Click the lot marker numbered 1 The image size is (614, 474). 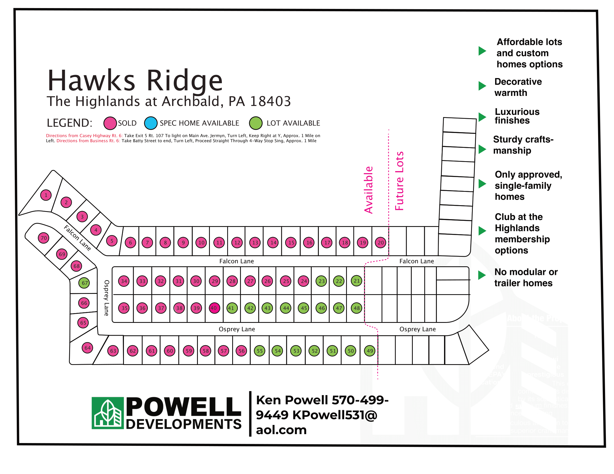pyautogui.click(x=46, y=195)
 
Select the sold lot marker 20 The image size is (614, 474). pyautogui.click(x=381, y=242)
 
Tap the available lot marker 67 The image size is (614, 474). pyautogui.click(x=85, y=283)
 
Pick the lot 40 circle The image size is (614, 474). pyautogui.click(x=214, y=308)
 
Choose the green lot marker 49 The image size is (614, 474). pyautogui.click(x=370, y=350)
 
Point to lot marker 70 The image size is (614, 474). pyautogui.click(x=44, y=238)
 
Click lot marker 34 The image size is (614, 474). pyautogui.click(x=124, y=281)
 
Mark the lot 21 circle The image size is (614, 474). pyautogui.click(x=356, y=280)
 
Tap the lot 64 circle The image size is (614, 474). pyautogui.click(x=87, y=348)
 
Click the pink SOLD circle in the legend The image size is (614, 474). pyautogui.click(x=110, y=123)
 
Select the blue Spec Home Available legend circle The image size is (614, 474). pyautogui.click(x=151, y=123)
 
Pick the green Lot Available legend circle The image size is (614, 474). pyautogui.click(x=256, y=123)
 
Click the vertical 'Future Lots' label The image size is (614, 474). pyautogui.click(x=399, y=181)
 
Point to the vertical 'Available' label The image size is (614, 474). pyautogui.click(x=369, y=190)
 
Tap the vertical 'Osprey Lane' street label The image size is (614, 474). pyautogui.click(x=106, y=298)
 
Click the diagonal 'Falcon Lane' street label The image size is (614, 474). pyautogui.click(x=78, y=238)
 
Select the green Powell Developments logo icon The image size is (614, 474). pyautogui.click(x=108, y=413)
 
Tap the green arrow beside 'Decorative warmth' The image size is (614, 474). pyautogui.click(x=482, y=86)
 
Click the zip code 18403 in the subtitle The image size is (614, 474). pyautogui.click(x=270, y=101)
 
